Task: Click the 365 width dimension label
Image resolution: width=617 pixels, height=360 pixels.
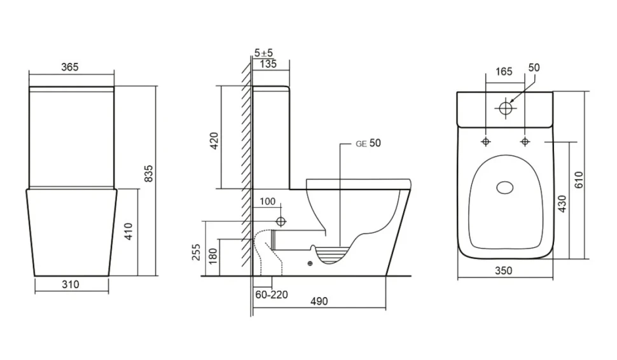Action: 69,67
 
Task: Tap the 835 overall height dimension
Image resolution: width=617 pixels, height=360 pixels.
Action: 149,174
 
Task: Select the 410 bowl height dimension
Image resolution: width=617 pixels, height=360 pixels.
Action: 129,232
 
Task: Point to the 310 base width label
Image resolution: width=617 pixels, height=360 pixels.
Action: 71,284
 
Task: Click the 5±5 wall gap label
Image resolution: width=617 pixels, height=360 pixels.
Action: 263,52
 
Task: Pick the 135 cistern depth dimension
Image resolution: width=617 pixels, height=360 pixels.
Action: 268,64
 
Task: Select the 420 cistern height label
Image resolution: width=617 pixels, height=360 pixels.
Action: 214,141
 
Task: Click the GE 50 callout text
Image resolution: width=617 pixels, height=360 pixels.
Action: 368,143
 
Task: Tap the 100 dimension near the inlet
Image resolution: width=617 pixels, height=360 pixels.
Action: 268,202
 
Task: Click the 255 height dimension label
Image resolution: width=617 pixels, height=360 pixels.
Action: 196,253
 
